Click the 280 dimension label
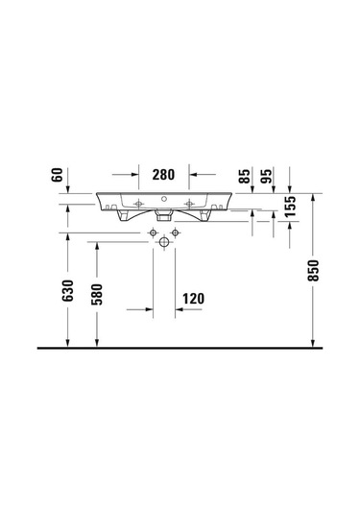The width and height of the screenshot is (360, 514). pos(162,175)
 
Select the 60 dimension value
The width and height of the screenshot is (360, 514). pos(58,176)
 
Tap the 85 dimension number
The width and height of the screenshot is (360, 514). pos(247,176)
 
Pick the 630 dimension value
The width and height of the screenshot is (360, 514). pos(68,292)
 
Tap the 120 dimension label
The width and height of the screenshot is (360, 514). pos(194,299)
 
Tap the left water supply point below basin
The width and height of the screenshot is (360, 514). pos(153,233)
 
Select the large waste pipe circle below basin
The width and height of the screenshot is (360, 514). pos(164,244)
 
